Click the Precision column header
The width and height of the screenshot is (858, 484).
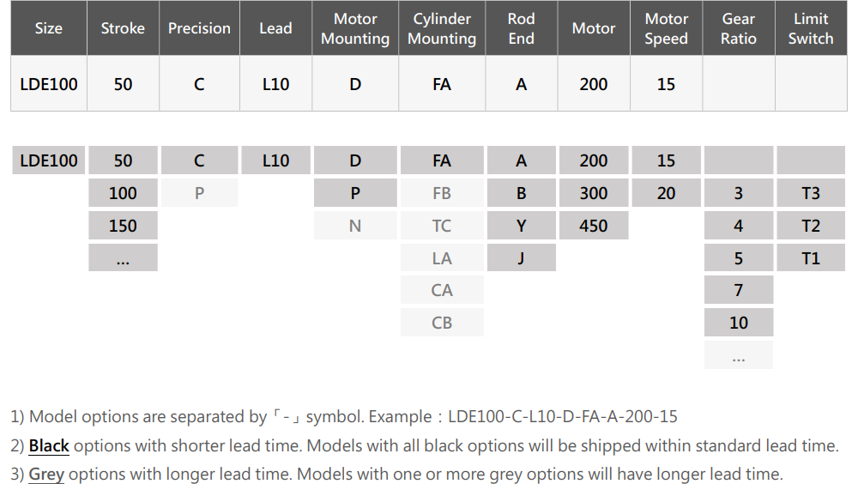[x=199, y=28]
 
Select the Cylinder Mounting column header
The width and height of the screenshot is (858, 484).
[x=442, y=28]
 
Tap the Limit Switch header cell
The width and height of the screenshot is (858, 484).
[x=811, y=28]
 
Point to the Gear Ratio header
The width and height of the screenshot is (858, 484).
[x=739, y=28]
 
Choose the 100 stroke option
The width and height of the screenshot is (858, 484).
[x=123, y=193]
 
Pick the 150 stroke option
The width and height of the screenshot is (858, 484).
[x=123, y=226]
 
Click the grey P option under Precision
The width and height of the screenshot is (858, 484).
[x=199, y=193]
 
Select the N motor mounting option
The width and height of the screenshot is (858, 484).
[x=355, y=226]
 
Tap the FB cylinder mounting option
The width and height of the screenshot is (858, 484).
[x=442, y=193]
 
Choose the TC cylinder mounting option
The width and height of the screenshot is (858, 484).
[x=442, y=226]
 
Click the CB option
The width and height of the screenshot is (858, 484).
[x=442, y=323]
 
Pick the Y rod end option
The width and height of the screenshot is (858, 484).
[x=522, y=226]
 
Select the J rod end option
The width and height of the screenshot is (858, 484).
[x=522, y=257]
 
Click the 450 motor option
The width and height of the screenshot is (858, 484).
[x=594, y=226]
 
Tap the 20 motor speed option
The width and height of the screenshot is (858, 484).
[x=666, y=193]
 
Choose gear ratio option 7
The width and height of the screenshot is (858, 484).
[x=739, y=290]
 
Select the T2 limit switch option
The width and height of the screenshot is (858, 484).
[x=811, y=226]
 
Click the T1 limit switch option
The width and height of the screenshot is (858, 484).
[x=811, y=257]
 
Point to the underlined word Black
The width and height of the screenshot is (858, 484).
[x=49, y=446]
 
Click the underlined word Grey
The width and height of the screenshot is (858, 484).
[x=46, y=475]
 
